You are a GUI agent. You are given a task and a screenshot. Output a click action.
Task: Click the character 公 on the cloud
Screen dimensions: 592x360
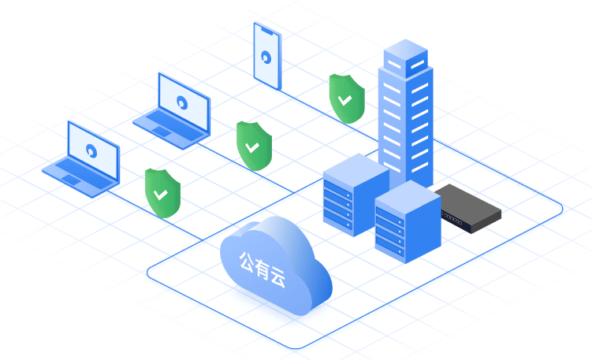[247, 262]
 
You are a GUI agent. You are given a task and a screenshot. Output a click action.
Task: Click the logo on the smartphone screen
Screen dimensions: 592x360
[266, 58]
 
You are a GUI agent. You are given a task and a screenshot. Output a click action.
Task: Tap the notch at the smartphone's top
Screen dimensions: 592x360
[268, 31]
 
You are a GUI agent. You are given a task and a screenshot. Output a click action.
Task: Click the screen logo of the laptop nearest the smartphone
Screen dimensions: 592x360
[182, 102]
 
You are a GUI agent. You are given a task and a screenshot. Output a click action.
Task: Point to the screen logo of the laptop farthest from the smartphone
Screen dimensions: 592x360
[91, 150]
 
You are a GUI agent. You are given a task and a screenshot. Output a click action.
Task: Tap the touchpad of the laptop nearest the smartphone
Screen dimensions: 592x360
[162, 132]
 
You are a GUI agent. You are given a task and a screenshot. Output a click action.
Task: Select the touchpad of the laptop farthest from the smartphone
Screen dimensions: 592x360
[71, 180]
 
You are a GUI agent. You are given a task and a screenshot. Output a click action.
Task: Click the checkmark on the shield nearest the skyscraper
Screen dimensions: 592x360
[344, 100]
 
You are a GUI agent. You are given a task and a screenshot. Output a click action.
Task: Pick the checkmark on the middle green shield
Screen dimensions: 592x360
[251, 147]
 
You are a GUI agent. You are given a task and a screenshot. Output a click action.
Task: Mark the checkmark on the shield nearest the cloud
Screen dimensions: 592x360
[161, 195]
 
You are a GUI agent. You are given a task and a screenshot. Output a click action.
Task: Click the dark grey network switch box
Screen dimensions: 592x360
[467, 208]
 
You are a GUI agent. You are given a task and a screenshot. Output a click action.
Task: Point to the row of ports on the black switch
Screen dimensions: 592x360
[452, 218]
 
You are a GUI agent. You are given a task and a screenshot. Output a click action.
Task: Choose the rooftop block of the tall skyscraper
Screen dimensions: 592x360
[406, 58]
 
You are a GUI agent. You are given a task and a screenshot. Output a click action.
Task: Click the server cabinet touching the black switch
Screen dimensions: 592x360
[408, 222]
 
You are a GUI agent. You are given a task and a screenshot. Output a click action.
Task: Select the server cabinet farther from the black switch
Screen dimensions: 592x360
[356, 195]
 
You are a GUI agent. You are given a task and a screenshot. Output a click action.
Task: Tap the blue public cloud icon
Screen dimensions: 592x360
[276, 265]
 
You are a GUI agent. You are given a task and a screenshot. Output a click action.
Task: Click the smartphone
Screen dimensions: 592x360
[267, 56]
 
